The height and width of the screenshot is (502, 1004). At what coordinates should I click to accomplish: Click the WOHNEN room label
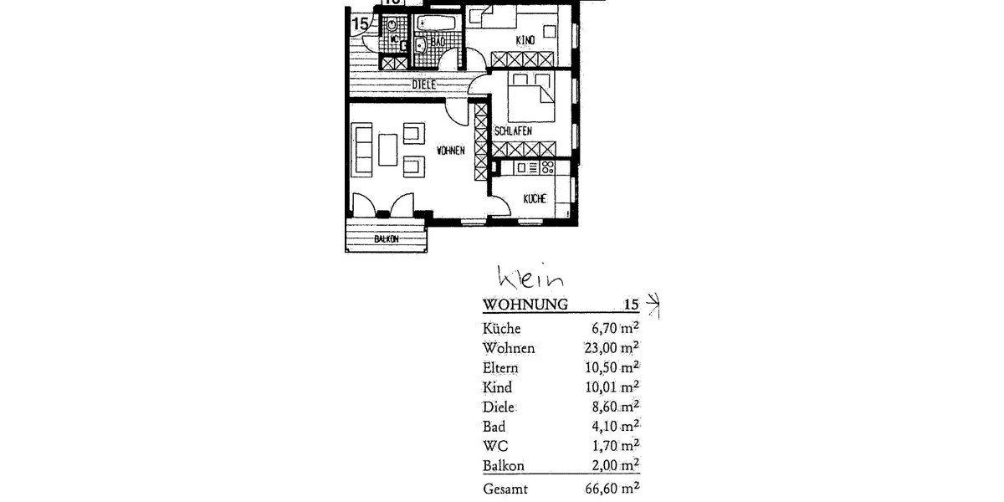click(450, 151)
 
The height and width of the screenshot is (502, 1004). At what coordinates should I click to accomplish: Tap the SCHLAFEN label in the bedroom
click(513, 131)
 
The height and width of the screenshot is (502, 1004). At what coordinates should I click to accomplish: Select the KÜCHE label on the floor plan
click(535, 199)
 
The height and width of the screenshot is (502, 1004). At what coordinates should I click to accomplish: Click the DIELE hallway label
click(424, 85)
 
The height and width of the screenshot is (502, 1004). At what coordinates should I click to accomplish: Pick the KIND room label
click(525, 39)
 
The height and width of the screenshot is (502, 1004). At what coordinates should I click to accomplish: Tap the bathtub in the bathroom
click(438, 22)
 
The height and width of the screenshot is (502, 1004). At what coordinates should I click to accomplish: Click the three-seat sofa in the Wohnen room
click(362, 150)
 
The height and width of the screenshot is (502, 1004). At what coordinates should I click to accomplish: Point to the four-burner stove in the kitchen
click(547, 168)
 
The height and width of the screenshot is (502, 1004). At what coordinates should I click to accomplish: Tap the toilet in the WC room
click(393, 22)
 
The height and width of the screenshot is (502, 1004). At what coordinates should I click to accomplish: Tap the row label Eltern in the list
click(500, 368)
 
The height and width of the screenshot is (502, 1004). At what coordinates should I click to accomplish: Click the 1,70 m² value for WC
click(615, 445)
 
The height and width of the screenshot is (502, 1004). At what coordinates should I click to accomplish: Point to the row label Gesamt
click(505, 489)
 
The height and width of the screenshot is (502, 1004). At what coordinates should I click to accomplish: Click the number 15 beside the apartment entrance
click(360, 23)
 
